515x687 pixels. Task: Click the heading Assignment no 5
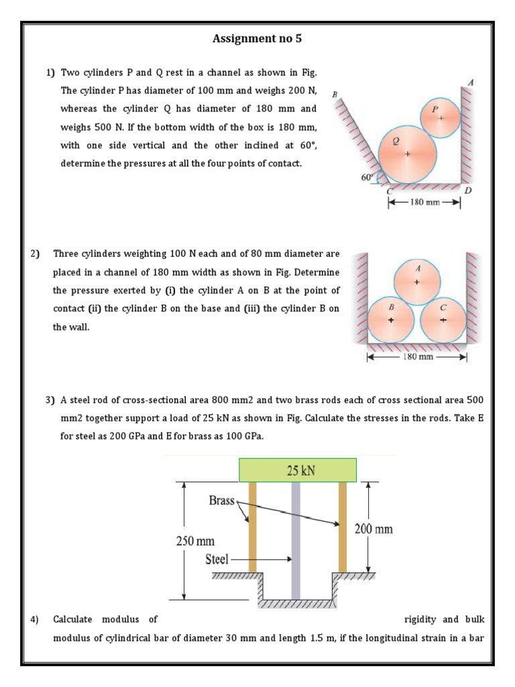click(257, 39)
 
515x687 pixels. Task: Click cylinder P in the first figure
click(440, 117)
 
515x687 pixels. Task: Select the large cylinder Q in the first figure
click(406, 154)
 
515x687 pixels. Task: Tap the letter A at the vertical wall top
click(471, 82)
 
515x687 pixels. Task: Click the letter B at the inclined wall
click(334, 95)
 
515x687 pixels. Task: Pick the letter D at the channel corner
click(468, 191)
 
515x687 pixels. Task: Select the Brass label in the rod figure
click(221, 500)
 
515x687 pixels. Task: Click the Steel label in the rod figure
click(217, 558)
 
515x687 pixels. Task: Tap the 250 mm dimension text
click(195, 541)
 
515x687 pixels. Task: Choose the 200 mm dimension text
click(374, 529)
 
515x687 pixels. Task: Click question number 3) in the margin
click(50, 401)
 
